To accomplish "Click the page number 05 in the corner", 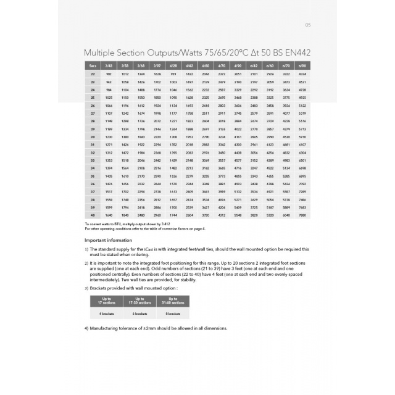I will [308, 25].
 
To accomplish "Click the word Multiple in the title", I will [102, 53].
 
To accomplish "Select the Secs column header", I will [93, 65].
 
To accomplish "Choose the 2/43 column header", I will [109, 65].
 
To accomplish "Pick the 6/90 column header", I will [302, 65].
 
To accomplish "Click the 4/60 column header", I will [206, 65].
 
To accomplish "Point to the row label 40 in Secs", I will [93, 215].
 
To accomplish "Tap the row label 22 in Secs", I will [93, 73].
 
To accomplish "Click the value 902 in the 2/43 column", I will [109, 73].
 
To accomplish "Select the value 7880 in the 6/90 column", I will [302, 215].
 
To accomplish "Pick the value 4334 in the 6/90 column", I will [302, 73].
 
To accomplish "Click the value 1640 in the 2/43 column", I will [109, 215].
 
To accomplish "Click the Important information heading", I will [109, 239].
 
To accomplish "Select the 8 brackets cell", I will [172, 314].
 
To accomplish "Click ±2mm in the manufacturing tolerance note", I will [139, 328].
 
